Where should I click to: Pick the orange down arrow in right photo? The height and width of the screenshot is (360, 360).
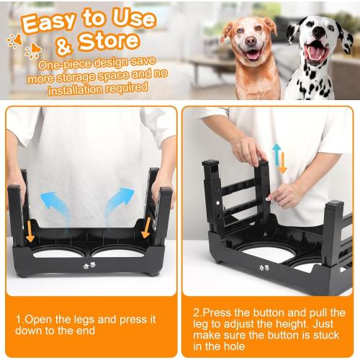point(283,162)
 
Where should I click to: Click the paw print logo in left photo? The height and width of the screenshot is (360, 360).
point(89,264)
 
